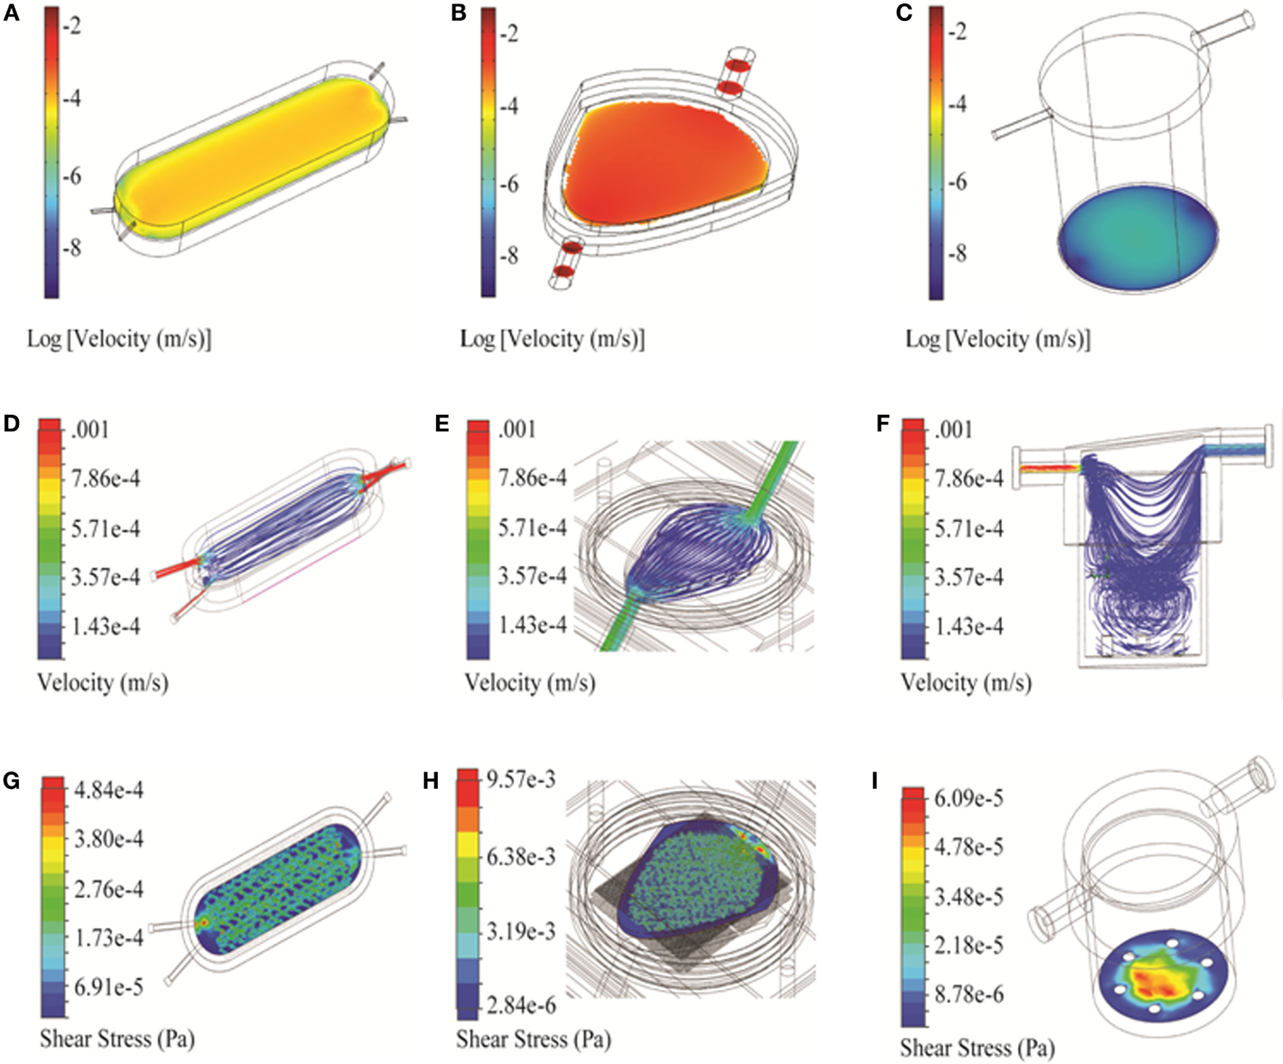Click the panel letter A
tap(11, 13)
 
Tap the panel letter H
tap(431, 782)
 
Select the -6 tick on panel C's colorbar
tap(958, 182)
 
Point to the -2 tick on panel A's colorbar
tap(72, 26)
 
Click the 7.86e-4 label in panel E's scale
tap(532, 478)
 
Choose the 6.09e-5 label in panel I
tap(969, 798)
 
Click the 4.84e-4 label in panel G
tap(109, 790)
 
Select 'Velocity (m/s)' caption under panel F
tap(966, 683)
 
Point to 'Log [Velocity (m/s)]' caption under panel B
tap(552, 339)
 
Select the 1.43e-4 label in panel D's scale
tap(106, 627)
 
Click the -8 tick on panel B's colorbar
tap(510, 256)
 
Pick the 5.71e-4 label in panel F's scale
tap(969, 529)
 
